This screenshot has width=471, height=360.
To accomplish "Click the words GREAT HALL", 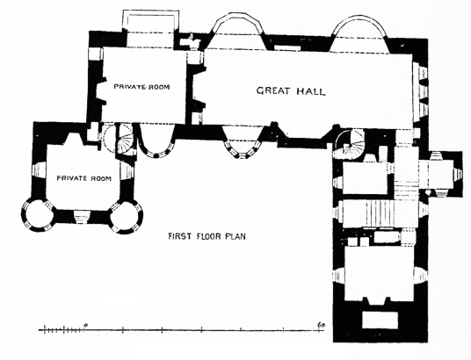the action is [291, 91].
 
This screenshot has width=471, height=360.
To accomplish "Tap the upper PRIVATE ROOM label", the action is [141, 87].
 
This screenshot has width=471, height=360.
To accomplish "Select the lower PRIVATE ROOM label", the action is [84, 178].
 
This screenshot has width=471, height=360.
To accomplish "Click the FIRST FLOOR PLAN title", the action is [207, 236].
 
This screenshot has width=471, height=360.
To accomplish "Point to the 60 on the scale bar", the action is [321, 325].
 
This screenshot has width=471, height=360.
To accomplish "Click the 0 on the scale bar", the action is [86, 325].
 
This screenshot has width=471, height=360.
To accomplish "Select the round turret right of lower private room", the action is [127, 217].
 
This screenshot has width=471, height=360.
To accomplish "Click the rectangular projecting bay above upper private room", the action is [151, 28].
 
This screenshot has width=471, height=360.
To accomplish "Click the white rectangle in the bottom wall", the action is [380, 320].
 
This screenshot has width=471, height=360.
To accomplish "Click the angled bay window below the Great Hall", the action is [243, 141].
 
